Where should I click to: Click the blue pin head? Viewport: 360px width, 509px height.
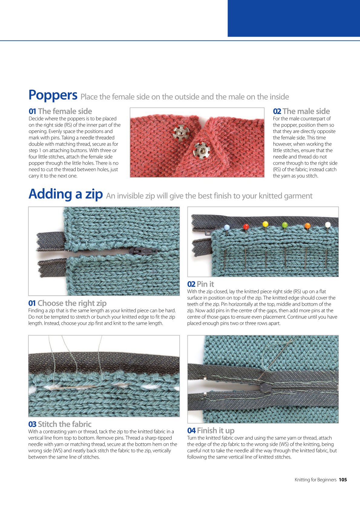point(227,227)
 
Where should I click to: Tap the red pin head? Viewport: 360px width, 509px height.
point(246,227)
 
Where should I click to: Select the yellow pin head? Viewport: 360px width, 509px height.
point(265,224)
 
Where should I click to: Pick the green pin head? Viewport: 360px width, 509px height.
point(285,225)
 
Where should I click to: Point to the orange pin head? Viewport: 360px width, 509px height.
point(307,226)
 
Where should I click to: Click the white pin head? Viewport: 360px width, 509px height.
point(328,225)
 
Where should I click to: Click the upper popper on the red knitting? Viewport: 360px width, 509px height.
point(181,133)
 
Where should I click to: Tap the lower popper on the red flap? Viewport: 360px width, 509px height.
point(201,150)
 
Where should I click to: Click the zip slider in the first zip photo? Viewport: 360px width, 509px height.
point(143,251)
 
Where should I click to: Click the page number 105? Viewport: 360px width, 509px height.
point(343,480)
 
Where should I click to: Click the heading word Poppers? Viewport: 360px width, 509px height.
point(53,96)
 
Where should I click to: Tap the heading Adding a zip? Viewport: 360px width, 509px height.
point(66,194)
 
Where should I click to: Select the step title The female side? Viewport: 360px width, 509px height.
point(65,111)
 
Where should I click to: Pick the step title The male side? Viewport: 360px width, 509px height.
point(306,111)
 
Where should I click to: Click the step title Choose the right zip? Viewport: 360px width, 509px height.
point(72,303)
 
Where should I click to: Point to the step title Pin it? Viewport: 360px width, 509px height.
point(205,284)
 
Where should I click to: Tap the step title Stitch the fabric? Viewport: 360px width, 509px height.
point(64,424)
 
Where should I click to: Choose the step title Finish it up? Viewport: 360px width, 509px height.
point(216,430)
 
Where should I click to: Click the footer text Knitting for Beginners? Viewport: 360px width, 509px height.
point(316,480)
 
